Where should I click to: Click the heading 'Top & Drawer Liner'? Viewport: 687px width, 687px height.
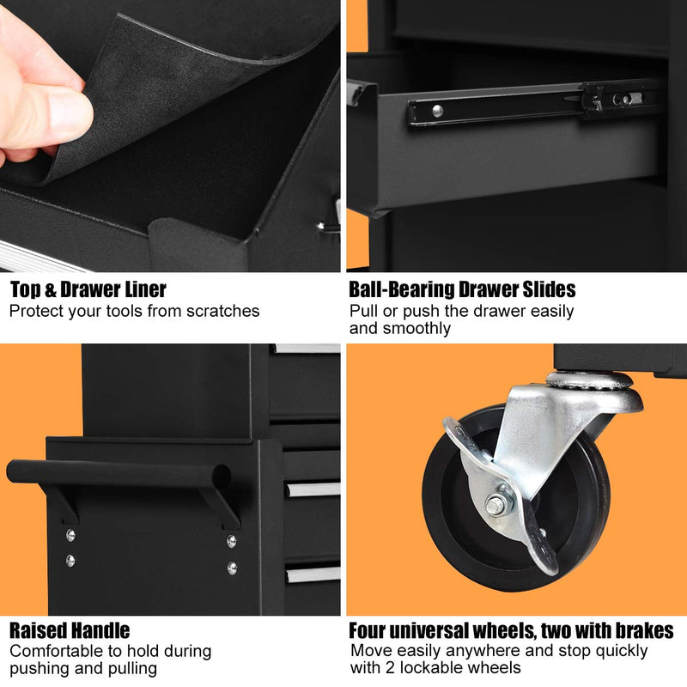(88, 289)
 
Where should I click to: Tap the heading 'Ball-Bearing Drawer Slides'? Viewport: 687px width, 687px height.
(462, 289)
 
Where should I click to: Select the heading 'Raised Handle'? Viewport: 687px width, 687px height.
(70, 631)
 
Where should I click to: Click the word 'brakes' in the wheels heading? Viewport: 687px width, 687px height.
(644, 631)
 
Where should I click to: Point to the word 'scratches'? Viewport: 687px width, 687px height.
(223, 311)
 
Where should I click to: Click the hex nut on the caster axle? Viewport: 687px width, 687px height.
(495, 506)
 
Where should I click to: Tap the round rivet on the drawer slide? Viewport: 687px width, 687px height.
(437, 111)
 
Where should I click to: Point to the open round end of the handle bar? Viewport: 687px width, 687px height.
(222, 476)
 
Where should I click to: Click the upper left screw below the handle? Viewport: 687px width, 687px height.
(70, 535)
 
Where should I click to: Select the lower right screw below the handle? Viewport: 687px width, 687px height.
(232, 568)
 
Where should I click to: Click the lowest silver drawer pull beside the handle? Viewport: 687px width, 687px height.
(313, 574)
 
